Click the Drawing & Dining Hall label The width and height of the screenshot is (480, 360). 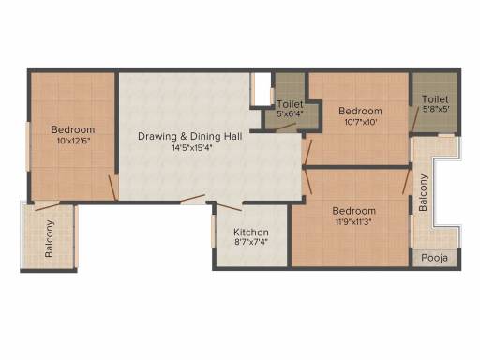[x=190, y=137]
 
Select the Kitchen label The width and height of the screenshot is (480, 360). [x=251, y=232]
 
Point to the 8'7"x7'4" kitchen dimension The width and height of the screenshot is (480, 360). [x=251, y=242]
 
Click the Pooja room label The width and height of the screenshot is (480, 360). [x=435, y=258]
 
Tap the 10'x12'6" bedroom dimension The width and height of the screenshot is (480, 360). [x=73, y=141]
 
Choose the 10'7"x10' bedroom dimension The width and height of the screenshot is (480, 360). [x=360, y=122]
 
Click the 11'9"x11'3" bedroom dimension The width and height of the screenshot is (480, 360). [x=353, y=222]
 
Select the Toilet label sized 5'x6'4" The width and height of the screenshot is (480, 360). [x=290, y=104]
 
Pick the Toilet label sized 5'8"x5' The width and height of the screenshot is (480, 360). [x=435, y=99]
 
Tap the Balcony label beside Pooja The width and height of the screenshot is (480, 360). [x=423, y=193]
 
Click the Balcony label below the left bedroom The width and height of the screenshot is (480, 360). [x=49, y=238]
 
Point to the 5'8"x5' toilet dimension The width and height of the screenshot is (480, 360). [x=436, y=109]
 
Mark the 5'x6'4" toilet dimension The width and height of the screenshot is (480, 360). [x=290, y=113]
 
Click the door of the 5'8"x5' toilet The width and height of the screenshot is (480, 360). [x=414, y=119]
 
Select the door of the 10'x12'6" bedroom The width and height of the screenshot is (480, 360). [x=112, y=187]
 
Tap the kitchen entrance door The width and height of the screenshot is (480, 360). [x=229, y=207]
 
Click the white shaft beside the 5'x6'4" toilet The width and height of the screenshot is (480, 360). [x=262, y=90]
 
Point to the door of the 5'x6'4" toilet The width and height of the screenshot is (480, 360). [x=285, y=127]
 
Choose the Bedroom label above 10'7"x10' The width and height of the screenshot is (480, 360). [x=360, y=111]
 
